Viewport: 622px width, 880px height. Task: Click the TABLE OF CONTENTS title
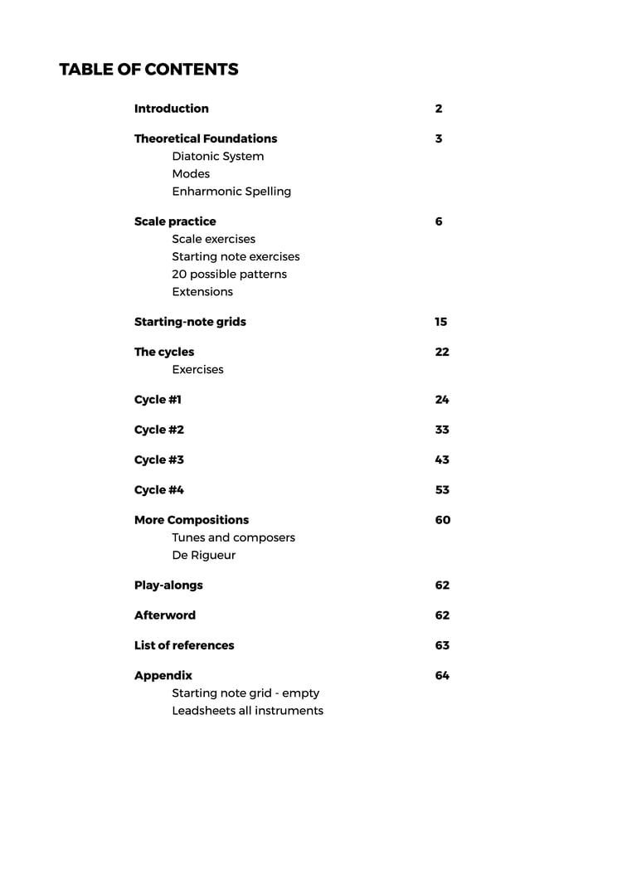[x=148, y=70]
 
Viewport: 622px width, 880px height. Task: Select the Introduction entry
[x=172, y=109]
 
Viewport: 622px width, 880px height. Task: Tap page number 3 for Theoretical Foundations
[x=439, y=139]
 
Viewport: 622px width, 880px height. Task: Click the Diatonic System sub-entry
[x=218, y=156]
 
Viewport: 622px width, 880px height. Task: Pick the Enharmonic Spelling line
[x=231, y=191]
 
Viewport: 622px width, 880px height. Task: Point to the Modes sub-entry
[x=191, y=173]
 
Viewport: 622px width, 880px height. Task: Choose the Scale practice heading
[x=175, y=221]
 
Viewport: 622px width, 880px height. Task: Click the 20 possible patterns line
[x=230, y=274]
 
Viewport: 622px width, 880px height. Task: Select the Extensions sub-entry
[x=202, y=291]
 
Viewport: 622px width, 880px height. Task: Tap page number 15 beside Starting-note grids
[x=441, y=322]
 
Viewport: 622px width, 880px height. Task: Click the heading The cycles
[x=164, y=352]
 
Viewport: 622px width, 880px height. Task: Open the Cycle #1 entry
[x=158, y=400]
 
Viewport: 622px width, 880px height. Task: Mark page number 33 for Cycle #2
[x=442, y=430]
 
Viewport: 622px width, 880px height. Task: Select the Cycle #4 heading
[x=159, y=490]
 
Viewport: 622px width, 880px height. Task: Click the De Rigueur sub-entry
[x=204, y=555]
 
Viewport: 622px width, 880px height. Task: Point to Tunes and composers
[x=234, y=537]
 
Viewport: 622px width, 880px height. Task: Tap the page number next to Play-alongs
[x=442, y=586]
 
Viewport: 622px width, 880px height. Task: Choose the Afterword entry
[x=165, y=615]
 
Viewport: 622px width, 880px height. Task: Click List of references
[x=184, y=645]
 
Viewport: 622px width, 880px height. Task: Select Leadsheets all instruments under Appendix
[x=248, y=710]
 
